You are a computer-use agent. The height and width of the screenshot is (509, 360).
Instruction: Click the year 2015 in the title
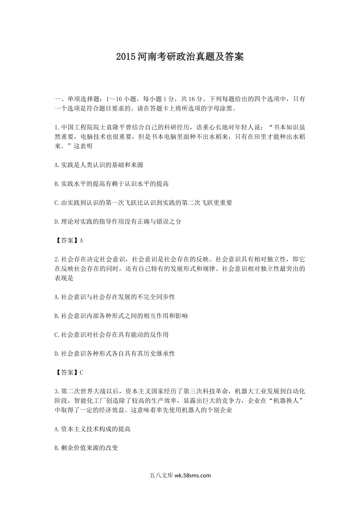pyautogui.click(x=125, y=57)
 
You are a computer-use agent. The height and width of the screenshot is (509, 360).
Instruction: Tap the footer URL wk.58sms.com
pyautogui.click(x=193, y=475)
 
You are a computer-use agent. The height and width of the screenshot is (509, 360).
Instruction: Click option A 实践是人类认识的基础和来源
pyautogui.click(x=99, y=165)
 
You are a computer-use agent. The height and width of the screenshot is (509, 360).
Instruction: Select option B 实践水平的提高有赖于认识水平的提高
pyautogui.click(x=112, y=184)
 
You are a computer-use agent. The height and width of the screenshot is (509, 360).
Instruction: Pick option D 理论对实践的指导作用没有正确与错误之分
pyautogui.click(x=118, y=222)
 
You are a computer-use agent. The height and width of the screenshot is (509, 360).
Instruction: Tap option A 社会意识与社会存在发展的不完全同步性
pyautogui.click(x=115, y=297)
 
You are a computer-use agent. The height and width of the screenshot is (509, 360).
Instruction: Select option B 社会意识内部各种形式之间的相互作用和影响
pyautogui.click(x=121, y=316)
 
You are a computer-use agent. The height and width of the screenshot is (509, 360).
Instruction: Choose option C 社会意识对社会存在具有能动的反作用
pyautogui.click(x=112, y=335)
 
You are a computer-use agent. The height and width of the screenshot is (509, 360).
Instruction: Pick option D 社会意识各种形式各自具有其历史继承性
pyautogui.click(x=115, y=354)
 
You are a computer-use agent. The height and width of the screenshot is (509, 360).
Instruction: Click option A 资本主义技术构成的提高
pyautogui.click(x=93, y=429)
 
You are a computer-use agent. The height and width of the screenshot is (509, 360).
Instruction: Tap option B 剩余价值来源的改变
pyautogui.click(x=86, y=448)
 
